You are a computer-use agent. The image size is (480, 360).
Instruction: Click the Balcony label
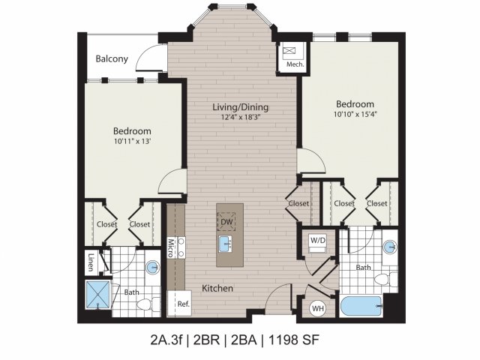pyautogui.click(x=112, y=59)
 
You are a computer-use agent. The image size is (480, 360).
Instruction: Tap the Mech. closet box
pyautogui.click(x=289, y=57)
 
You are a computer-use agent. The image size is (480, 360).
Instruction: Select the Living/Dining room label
pyautogui.click(x=239, y=107)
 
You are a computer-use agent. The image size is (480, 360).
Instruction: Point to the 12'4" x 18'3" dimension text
pyautogui.click(x=239, y=118)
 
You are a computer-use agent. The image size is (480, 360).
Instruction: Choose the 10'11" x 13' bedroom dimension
pyautogui.click(x=131, y=140)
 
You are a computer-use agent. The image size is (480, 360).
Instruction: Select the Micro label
pyautogui.click(x=171, y=248)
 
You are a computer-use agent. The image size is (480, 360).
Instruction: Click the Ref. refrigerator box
pyautogui.click(x=182, y=304)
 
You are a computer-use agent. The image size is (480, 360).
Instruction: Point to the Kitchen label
pyautogui.click(x=217, y=288)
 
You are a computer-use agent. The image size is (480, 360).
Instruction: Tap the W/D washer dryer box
pyautogui.click(x=318, y=241)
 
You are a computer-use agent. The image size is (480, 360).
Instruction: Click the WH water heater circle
pyautogui.click(x=317, y=307)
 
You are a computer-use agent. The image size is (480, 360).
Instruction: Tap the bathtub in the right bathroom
pyautogui.click(x=361, y=306)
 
